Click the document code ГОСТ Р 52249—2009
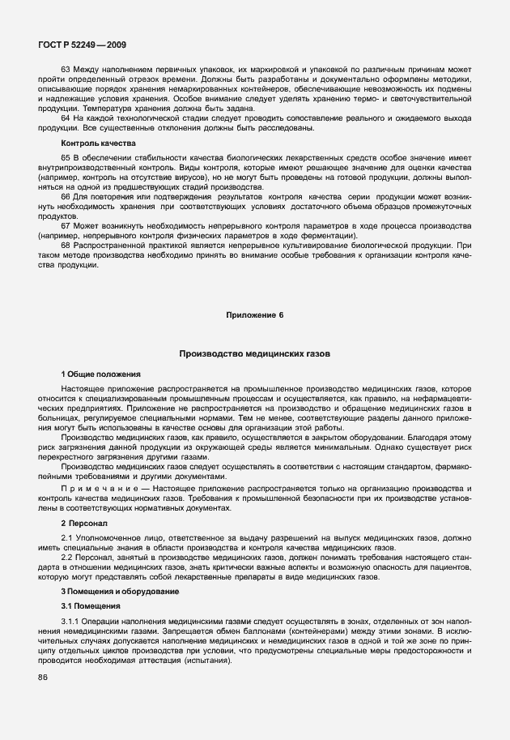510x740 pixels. tap(79, 45)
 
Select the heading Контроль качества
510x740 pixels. tap(92, 143)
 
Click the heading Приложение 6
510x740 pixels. tap(254, 313)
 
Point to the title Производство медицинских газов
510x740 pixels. tap(254, 354)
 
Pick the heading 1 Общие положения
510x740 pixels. tap(100, 374)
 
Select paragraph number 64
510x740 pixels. tap(66, 118)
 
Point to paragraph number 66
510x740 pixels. tap(66, 197)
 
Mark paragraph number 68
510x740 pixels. tap(66, 243)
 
